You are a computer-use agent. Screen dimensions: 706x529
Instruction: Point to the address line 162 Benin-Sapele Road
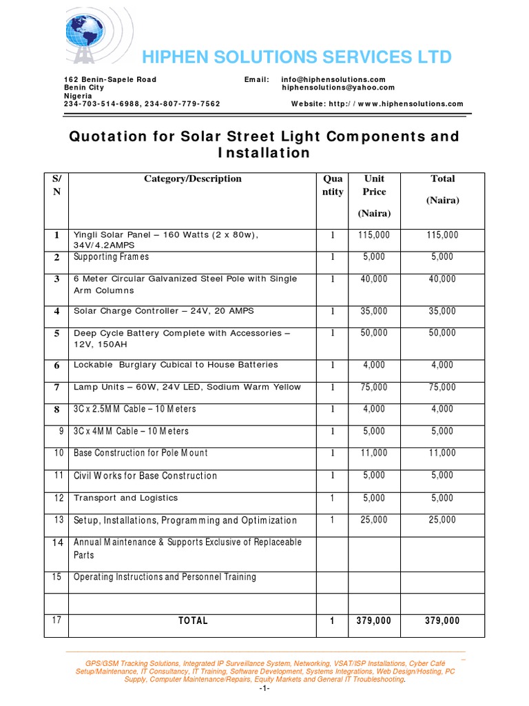click(x=110, y=80)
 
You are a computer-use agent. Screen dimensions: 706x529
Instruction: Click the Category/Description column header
click(x=193, y=179)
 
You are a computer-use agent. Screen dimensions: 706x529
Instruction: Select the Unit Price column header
click(x=375, y=185)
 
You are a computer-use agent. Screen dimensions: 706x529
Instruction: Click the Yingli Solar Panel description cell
click(x=166, y=240)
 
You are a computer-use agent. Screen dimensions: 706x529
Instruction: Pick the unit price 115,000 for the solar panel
click(x=374, y=235)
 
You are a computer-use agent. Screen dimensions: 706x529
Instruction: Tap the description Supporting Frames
click(x=112, y=257)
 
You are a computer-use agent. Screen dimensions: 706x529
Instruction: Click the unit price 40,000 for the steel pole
click(x=374, y=279)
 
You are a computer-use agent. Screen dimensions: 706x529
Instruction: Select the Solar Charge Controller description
click(x=164, y=311)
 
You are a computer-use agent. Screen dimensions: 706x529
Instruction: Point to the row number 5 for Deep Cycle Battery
click(x=57, y=334)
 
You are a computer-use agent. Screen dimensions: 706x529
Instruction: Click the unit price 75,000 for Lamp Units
click(x=374, y=387)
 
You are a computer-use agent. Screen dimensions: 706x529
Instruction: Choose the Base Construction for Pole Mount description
click(x=141, y=453)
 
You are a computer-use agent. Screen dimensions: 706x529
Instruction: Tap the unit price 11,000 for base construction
click(x=374, y=453)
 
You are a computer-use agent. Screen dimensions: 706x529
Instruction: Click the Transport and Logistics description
click(x=126, y=498)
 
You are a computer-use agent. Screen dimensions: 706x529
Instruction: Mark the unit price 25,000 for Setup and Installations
click(x=374, y=520)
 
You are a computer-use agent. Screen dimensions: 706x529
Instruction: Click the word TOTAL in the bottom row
click(x=193, y=621)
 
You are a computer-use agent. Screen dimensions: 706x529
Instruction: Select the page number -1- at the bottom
click(x=264, y=689)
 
